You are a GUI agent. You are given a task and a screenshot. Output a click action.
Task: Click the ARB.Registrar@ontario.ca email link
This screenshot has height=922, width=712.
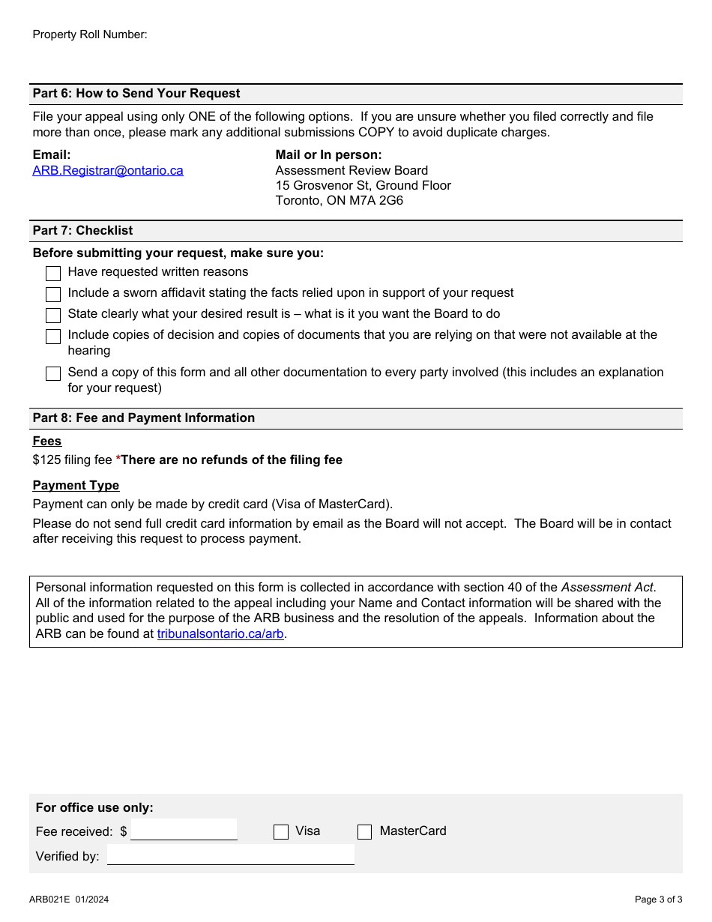107,170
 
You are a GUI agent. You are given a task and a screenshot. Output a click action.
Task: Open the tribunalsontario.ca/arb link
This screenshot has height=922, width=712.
220,633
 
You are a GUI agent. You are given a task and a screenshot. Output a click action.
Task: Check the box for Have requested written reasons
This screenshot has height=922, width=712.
53,273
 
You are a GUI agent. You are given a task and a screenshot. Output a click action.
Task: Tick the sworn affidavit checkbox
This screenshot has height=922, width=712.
53,294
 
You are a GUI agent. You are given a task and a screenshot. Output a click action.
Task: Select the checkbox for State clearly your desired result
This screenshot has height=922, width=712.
53,315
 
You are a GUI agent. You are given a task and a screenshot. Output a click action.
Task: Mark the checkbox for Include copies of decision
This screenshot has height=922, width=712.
53,336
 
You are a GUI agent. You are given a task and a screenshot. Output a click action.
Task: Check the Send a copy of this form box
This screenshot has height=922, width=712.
53,373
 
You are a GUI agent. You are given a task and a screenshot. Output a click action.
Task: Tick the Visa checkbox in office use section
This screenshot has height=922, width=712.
281,831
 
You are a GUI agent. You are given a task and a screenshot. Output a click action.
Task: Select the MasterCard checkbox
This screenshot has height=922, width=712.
365,831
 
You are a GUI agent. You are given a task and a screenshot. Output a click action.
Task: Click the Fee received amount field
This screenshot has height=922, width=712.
184,830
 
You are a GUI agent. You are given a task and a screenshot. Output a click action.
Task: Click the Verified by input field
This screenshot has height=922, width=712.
230,855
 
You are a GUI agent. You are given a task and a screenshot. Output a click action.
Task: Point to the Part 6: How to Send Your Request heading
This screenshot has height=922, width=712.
136,94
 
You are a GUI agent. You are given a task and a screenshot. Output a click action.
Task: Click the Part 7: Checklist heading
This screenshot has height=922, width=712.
82,231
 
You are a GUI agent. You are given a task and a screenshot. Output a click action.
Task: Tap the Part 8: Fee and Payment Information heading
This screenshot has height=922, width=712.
143,418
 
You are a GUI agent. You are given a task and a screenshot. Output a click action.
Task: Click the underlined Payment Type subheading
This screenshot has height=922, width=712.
76,485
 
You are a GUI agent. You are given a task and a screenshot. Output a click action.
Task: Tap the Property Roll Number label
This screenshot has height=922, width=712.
90,34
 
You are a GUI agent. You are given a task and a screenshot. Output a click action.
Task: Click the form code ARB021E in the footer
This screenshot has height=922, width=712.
49,900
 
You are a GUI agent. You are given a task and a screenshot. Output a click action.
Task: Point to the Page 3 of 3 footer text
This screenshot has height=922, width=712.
658,900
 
